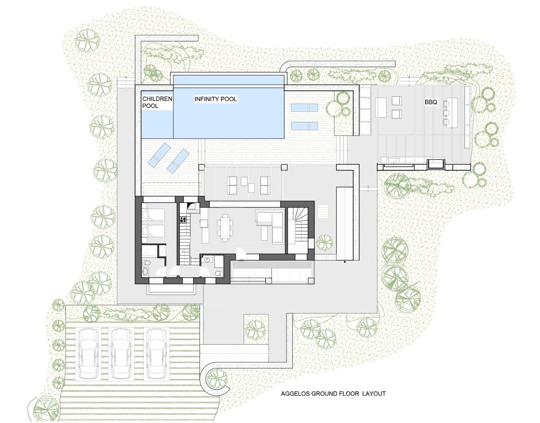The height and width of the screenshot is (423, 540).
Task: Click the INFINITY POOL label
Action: (x=215, y=99)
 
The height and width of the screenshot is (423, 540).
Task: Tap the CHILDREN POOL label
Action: (x=157, y=102)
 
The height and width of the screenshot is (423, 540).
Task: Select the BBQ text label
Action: (x=431, y=102)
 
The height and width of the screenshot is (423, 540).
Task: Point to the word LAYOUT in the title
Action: (x=374, y=394)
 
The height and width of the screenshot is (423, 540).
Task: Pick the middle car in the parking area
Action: (x=121, y=354)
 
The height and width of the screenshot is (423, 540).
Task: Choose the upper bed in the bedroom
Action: (x=153, y=215)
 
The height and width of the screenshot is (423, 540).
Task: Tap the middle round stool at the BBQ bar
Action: (x=446, y=112)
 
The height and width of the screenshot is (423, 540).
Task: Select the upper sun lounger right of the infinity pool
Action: (x=304, y=108)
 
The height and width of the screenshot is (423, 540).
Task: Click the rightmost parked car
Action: (x=156, y=354)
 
